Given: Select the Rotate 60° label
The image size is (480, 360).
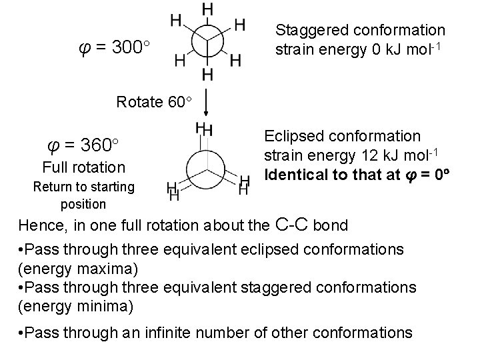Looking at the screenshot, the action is click(154, 102).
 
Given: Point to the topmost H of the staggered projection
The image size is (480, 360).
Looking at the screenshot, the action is click(207, 9).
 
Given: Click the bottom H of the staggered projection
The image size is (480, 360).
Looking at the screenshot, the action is click(207, 74).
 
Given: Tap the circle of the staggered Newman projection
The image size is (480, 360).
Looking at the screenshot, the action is click(207, 41).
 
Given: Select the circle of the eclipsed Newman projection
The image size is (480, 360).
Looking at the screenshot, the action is click(207, 164).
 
